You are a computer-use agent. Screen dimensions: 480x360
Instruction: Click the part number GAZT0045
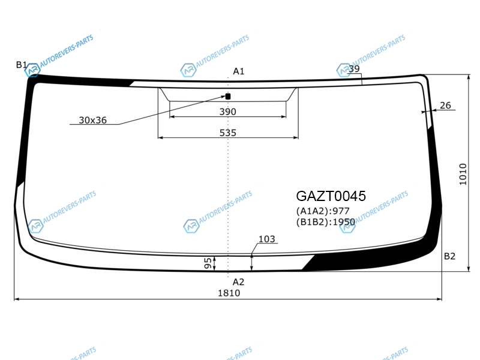331,196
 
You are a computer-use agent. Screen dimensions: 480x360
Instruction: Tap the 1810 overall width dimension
229,293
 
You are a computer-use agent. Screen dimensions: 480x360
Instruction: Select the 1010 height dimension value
463,174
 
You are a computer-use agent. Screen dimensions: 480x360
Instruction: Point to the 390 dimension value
228,112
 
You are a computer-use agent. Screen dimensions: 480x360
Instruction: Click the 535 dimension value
228,133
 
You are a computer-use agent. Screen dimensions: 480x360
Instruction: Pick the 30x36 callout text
93,120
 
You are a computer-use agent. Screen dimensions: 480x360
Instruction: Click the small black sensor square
228,97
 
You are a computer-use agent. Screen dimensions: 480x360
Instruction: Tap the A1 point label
238,71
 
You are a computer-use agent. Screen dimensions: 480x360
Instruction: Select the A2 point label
238,281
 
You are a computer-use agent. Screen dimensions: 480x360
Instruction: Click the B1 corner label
22,65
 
